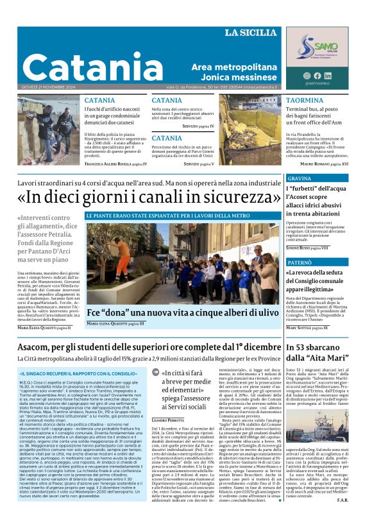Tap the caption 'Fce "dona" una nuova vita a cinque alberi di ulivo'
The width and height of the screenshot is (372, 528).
coord(183,313)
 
